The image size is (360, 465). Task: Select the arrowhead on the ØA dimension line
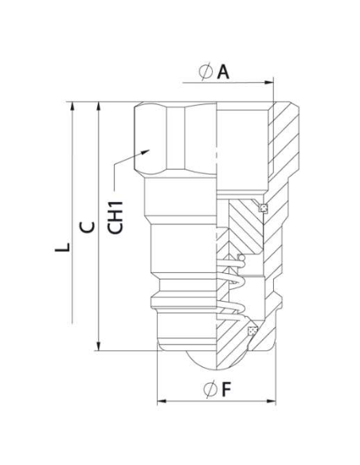click(x=270, y=81)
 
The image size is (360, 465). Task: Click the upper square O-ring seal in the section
click(x=263, y=209)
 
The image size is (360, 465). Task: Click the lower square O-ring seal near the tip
click(x=253, y=330)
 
